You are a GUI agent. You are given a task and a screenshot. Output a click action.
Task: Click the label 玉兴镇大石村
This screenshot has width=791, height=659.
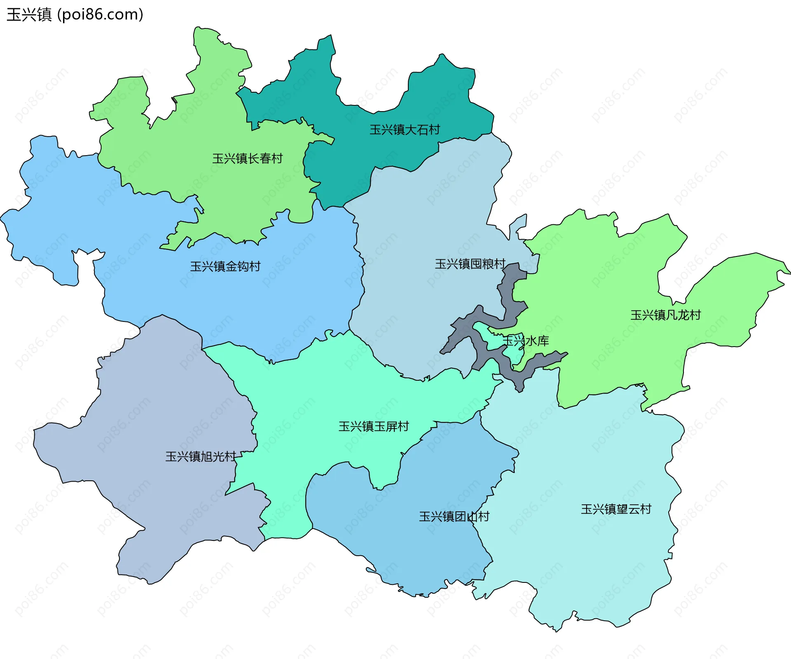click(405, 130)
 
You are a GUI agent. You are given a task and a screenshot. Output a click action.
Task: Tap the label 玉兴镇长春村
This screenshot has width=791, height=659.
click(247, 159)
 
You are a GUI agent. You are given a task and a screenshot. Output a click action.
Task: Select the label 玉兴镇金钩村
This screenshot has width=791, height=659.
click(225, 267)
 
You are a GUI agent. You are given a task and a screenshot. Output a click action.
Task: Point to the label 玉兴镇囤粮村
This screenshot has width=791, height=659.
click(470, 264)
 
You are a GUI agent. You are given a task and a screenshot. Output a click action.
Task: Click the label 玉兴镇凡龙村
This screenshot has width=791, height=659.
click(665, 315)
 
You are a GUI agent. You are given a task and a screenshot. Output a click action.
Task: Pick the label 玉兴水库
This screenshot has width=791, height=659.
click(526, 341)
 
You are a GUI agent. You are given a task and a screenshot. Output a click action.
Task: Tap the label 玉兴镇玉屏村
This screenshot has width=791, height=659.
click(373, 426)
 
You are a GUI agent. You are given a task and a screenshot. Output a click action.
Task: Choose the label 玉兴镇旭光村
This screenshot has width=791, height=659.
click(201, 456)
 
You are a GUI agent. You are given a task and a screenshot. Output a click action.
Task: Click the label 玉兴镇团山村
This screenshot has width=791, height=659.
click(454, 517)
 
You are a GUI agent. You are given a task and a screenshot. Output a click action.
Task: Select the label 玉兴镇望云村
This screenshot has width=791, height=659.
click(616, 510)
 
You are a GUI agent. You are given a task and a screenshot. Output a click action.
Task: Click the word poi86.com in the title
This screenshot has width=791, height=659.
click(100, 15)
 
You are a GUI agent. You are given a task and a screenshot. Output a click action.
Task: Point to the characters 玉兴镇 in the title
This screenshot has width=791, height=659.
click(29, 15)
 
